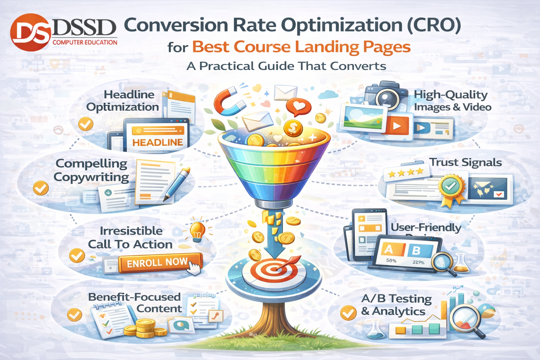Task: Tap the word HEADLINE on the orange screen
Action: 157,142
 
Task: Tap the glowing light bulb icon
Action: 198,230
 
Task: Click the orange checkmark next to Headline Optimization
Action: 85,124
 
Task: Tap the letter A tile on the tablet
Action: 388,249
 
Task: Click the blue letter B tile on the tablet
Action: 417,250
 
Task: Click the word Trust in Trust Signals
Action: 444,162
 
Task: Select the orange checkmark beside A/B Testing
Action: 348,313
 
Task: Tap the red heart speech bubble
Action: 298,106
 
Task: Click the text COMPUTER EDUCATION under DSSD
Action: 85,43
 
